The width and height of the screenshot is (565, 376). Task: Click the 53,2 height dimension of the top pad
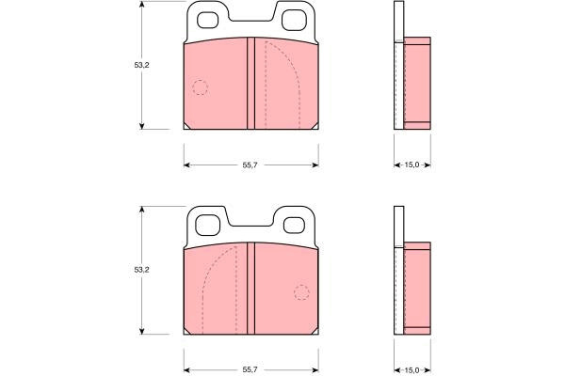[141, 65]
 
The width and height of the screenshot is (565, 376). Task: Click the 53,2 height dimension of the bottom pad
[141, 270]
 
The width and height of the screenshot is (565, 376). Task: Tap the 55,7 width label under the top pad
[250, 165]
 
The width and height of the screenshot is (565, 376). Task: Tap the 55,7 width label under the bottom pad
[250, 369]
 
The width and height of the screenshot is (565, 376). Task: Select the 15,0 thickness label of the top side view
[412, 165]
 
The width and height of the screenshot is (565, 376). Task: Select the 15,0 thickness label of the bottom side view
[412, 369]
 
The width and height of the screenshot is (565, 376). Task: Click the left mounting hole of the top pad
[207, 20]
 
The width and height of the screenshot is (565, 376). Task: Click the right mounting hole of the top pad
[294, 20]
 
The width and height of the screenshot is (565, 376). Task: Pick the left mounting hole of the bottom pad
[207, 226]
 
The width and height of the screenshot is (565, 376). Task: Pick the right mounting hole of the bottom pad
[294, 226]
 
